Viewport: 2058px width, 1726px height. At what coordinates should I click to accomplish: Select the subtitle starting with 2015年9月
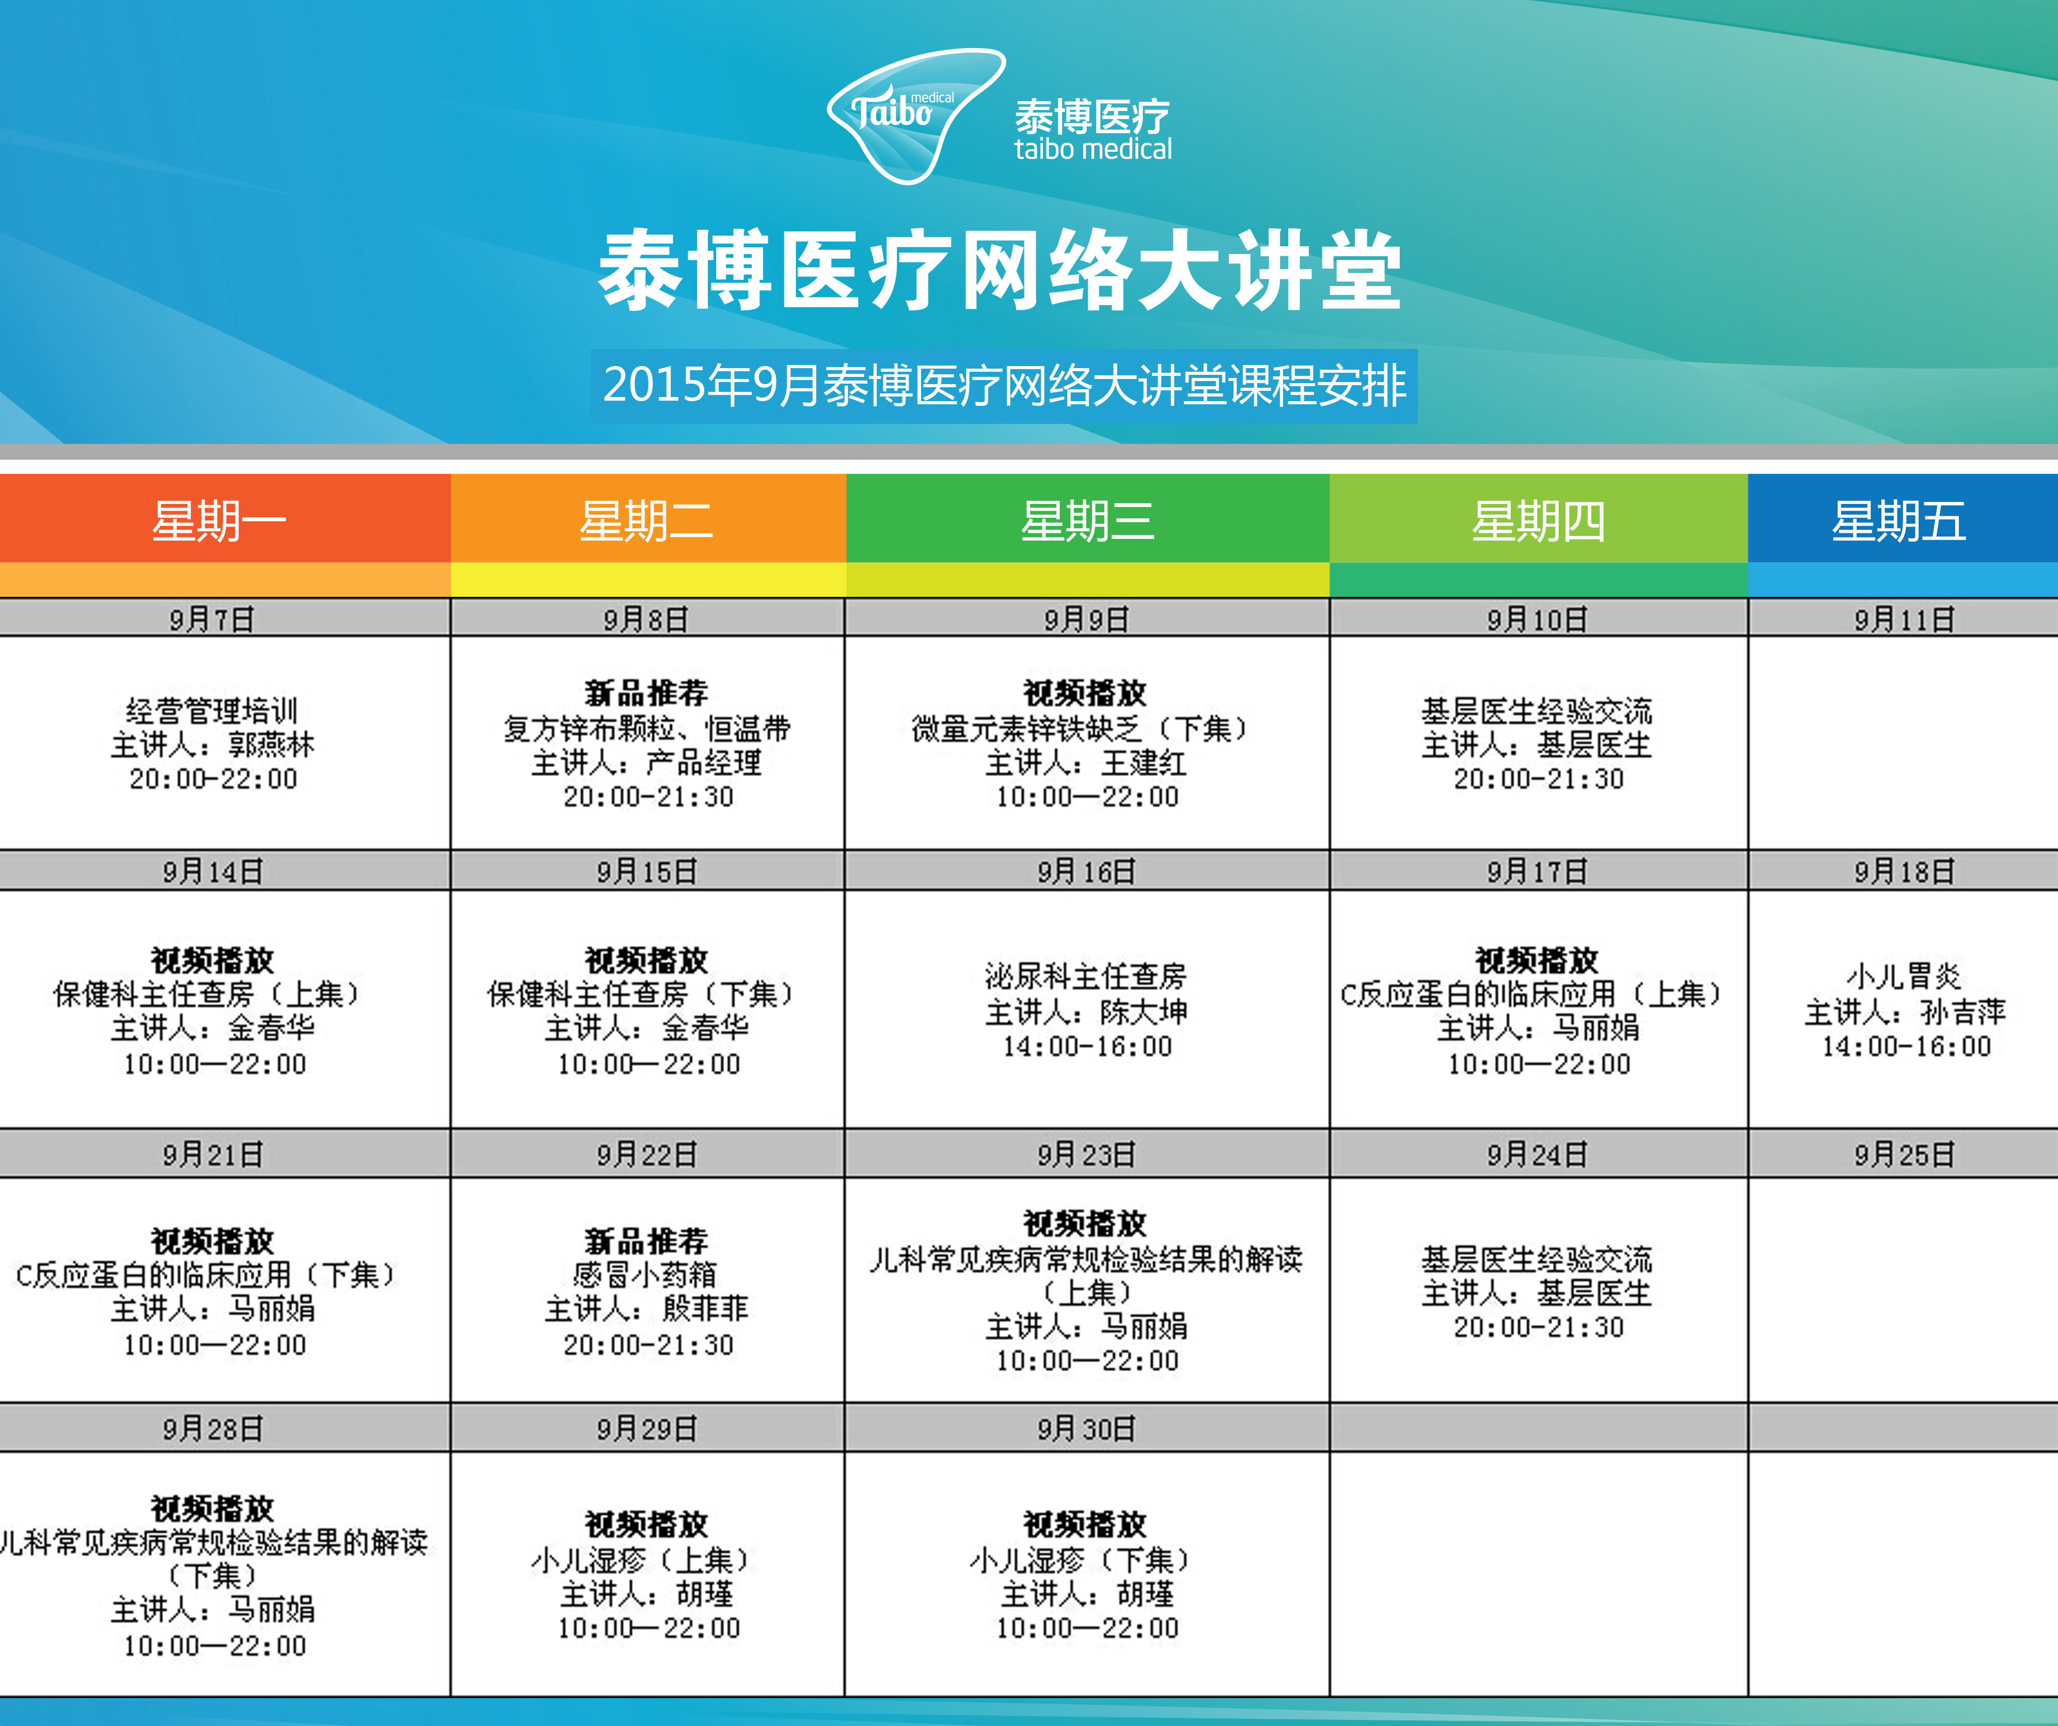click(1005, 385)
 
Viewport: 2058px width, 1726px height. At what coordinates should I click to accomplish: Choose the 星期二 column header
click(647, 520)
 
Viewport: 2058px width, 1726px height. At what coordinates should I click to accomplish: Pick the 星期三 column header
click(1088, 520)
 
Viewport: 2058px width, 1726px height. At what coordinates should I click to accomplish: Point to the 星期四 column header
click(1539, 520)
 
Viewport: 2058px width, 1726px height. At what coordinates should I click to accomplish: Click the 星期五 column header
click(1899, 520)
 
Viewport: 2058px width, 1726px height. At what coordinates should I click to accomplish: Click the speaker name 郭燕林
click(272, 745)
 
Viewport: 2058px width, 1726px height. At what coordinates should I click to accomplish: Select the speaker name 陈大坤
click(1144, 1011)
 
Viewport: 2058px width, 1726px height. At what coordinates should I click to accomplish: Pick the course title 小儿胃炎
click(1904, 976)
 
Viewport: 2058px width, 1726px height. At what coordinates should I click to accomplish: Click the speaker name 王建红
click(1144, 763)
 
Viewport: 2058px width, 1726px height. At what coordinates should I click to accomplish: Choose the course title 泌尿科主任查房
click(1086, 976)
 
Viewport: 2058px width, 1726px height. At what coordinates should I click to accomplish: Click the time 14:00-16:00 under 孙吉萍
click(1906, 1047)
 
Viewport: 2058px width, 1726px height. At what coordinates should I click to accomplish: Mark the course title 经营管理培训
click(212, 710)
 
